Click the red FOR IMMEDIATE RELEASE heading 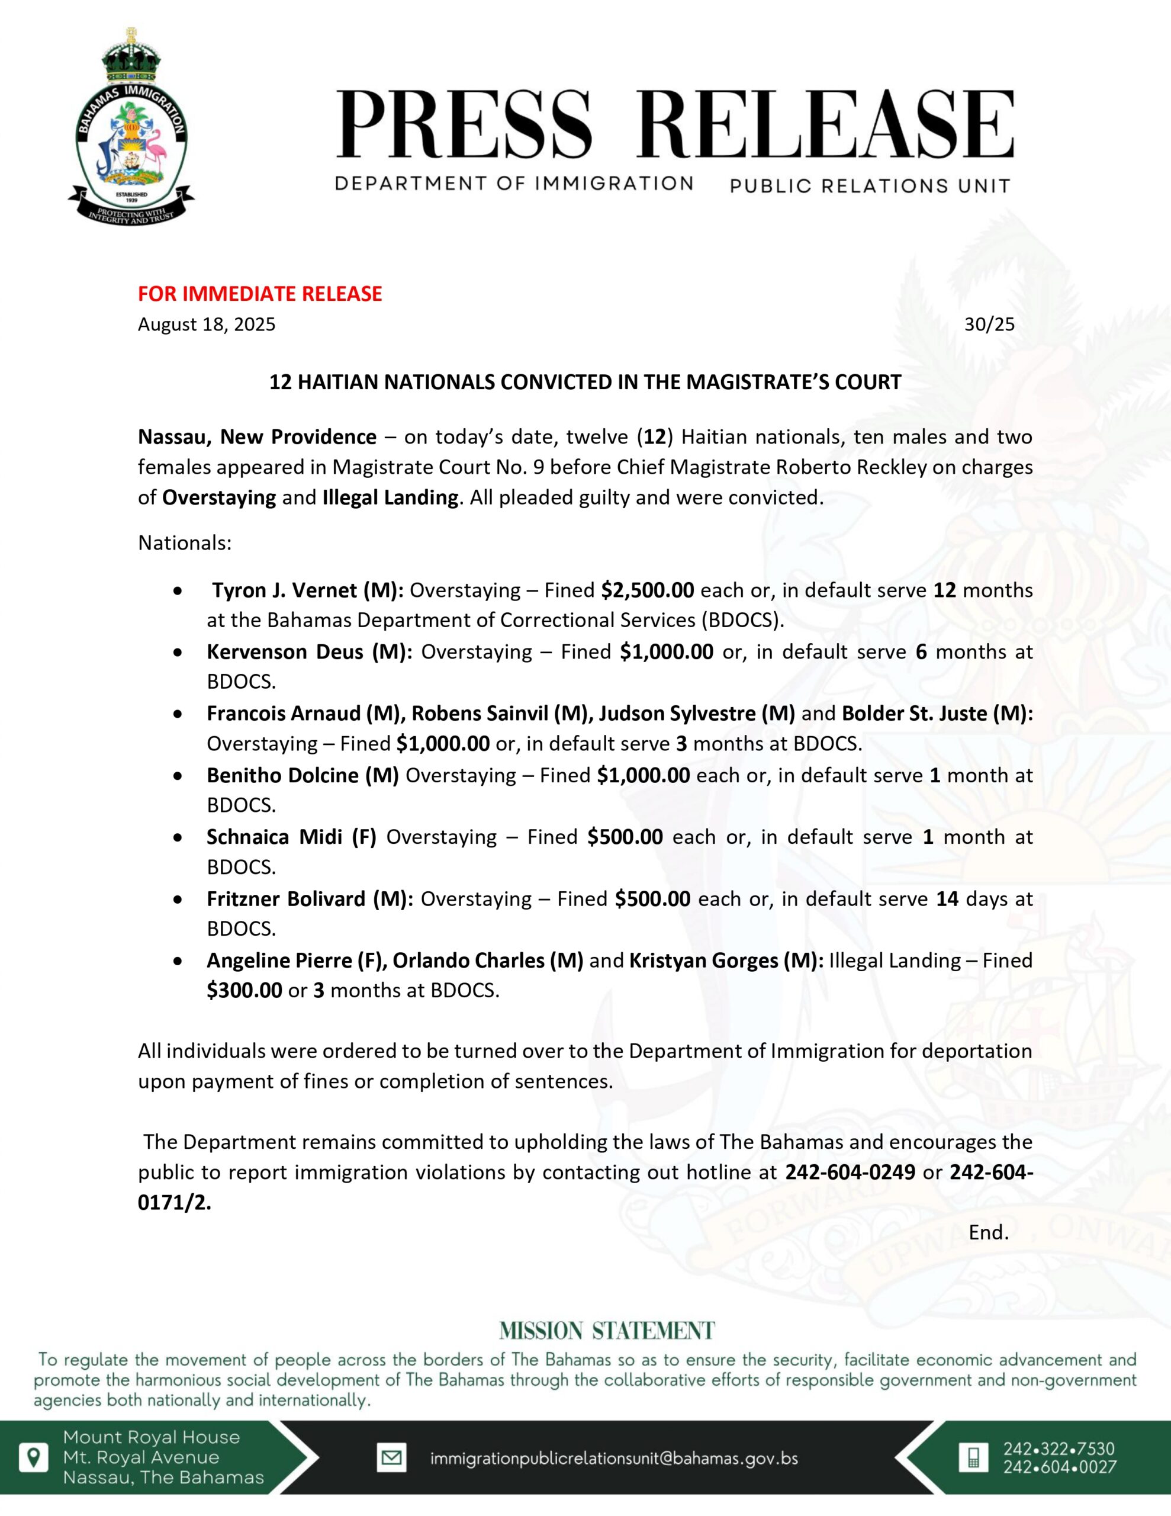point(260,294)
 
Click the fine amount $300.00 point(245,991)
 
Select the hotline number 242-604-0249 point(850,1173)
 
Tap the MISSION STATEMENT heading point(607,1330)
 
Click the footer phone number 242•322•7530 point(1059,1448)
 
